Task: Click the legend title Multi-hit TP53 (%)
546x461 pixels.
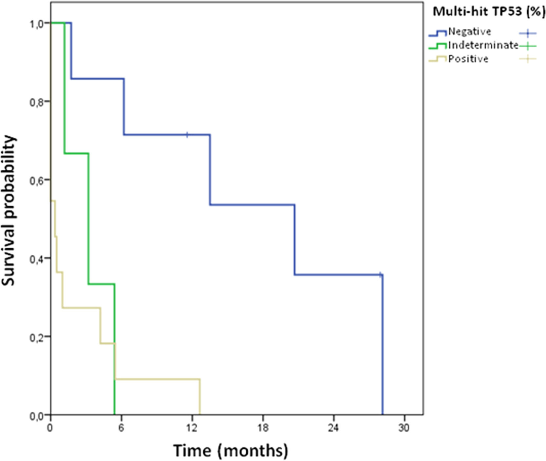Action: (489, 12)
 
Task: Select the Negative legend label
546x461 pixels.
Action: (470, 32)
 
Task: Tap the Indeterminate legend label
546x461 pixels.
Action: (483, 45)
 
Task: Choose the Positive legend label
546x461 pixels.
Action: (468, 59)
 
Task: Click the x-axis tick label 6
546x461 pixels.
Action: (121, 428)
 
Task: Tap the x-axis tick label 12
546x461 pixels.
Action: (192, 428)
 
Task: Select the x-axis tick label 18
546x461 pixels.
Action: (263, 428)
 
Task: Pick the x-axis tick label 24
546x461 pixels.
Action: (333, 428)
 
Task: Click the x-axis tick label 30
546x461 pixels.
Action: (404, 428)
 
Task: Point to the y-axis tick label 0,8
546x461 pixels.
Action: (36, 102)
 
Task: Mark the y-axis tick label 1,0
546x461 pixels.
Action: (36, 24)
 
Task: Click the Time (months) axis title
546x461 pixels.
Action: (231, 451)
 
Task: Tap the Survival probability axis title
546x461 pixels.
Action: (9, 210)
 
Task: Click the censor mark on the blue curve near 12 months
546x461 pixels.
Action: (187, 135)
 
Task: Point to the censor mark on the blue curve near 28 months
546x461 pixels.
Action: (380, 275)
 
